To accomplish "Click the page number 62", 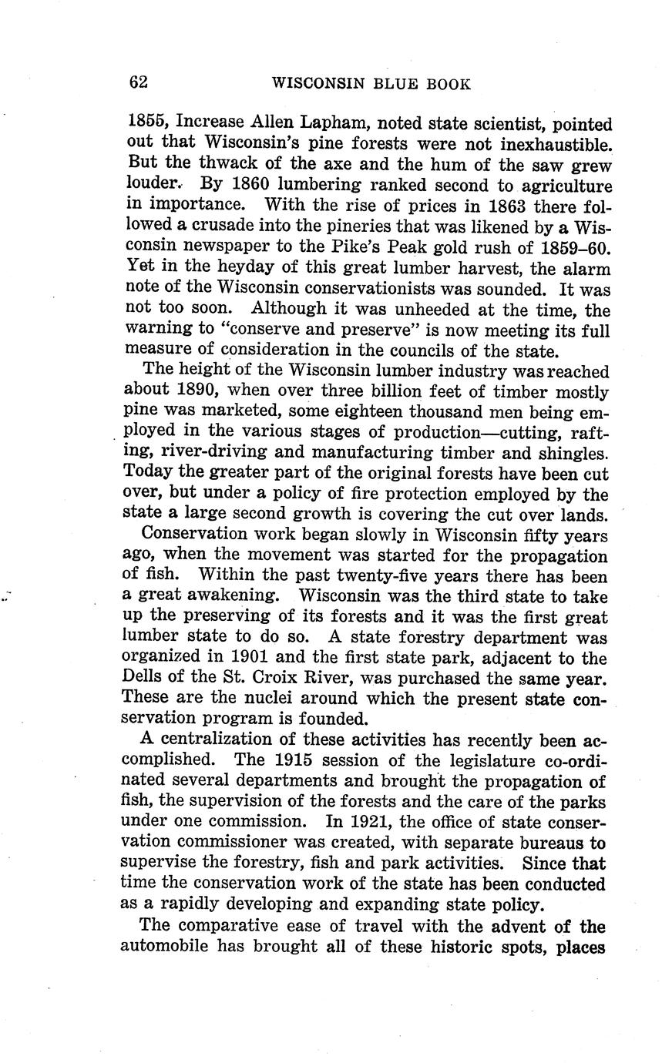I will click(139, 82).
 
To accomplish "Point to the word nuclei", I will click(255, 699).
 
